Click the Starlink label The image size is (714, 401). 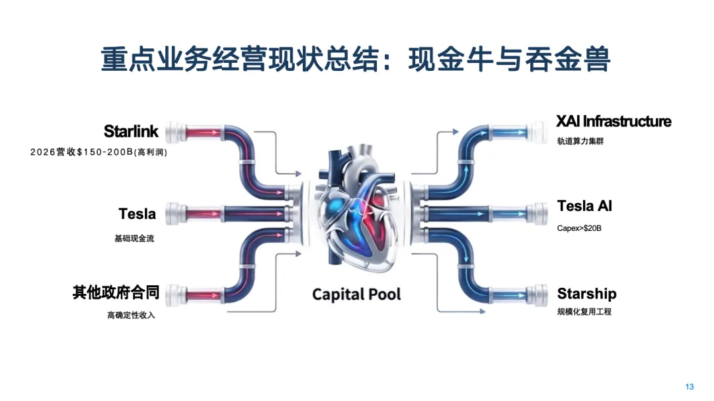point(131,131)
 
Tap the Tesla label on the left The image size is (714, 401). point(138,214)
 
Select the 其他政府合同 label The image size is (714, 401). point(116,293)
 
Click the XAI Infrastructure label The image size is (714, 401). point(614,122)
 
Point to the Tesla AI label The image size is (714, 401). point(584,206)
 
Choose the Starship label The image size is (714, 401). point(586,294)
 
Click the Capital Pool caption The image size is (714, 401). point(356,294)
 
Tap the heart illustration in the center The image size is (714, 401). point(357,212)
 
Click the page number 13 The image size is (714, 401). point(690,386)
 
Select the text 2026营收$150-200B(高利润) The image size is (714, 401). point(99,152)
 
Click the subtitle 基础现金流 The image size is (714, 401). point(134,238)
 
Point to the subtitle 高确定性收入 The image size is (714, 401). point(131,316)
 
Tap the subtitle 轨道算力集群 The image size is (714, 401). point(580,142)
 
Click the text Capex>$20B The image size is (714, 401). point(579,228)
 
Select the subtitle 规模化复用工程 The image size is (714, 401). point(584,311)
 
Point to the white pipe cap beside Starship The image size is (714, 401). point(537,294)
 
